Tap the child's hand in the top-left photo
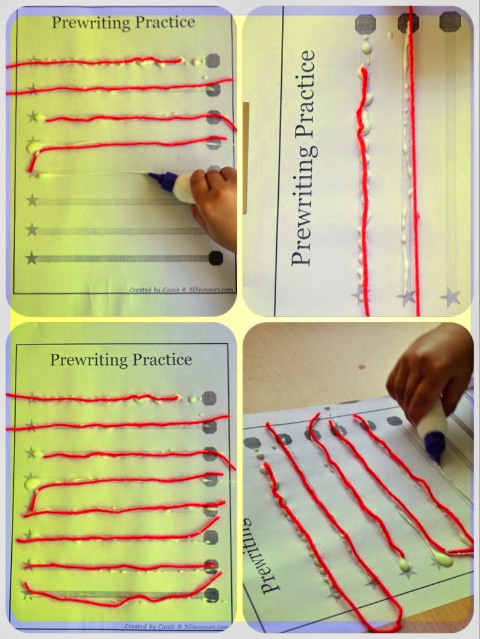(216, 203)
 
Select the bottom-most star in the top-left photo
(31, 258)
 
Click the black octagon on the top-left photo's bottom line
(214, 258)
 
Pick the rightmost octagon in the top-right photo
(449, 21)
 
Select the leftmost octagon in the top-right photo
(365, 24)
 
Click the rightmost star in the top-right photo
(449, 297)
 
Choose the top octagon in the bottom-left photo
(210, 398)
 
